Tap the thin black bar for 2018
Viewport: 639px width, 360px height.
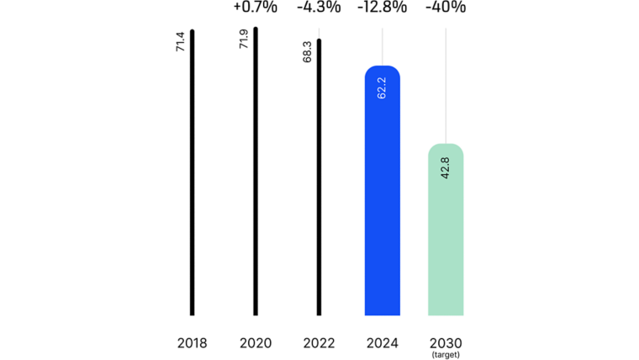click(x=193, y=172)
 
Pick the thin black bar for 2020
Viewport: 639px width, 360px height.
click(x=256, y=172)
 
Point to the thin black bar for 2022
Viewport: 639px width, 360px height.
click(x=319, y=177)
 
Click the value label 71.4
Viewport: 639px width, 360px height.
click(x=180, y=43)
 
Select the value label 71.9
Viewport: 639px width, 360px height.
click(x=243, y=40)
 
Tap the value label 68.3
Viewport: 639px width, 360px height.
click(x=307, y=52)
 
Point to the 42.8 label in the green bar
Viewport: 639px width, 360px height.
click(x=446, y=167)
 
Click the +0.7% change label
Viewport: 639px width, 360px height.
click(x=255, y=8)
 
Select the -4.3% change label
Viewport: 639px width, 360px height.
click(x=319, y=8)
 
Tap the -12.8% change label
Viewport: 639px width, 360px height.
click(x=382, y=8)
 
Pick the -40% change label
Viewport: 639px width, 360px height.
click(x=446, y=8)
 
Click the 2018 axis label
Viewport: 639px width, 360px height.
click(x=193, y=343)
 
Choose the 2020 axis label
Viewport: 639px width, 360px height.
click(x=256, y=343)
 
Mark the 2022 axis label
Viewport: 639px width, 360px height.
click(x=319, y=343)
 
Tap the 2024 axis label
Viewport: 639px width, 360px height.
click(x=382, y=343)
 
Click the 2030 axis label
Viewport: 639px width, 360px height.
click(x=446, y=343)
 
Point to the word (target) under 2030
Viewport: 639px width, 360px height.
click(x=446, y=355)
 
